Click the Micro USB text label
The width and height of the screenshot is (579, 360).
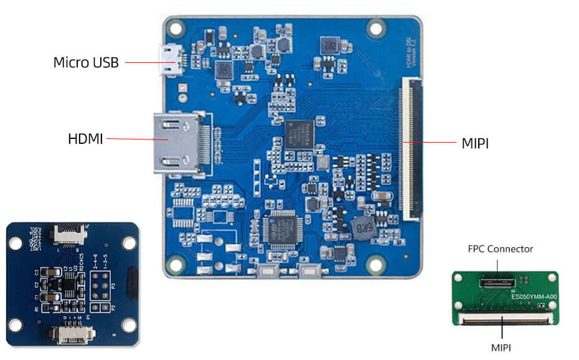(x=85, y=62)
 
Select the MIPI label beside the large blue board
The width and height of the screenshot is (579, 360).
(x=475, y=143)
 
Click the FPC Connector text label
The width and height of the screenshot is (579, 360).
(x=501, y=249)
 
